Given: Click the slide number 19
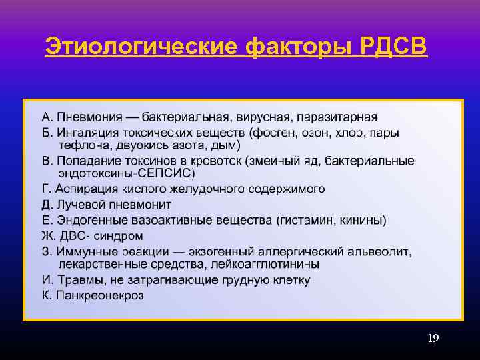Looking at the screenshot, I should [433, 339].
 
